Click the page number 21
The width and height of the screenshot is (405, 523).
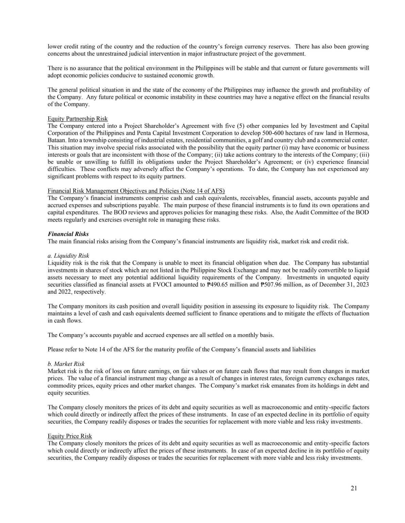tap(354, 488)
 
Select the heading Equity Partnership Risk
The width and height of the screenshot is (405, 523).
tap(78, 119)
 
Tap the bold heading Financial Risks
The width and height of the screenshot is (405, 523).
tap(68, 234)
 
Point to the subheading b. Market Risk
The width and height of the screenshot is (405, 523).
tap(66, 364)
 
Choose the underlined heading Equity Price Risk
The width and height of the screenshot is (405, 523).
tap(70, 436)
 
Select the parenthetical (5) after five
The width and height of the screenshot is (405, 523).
tap(215, 126)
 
